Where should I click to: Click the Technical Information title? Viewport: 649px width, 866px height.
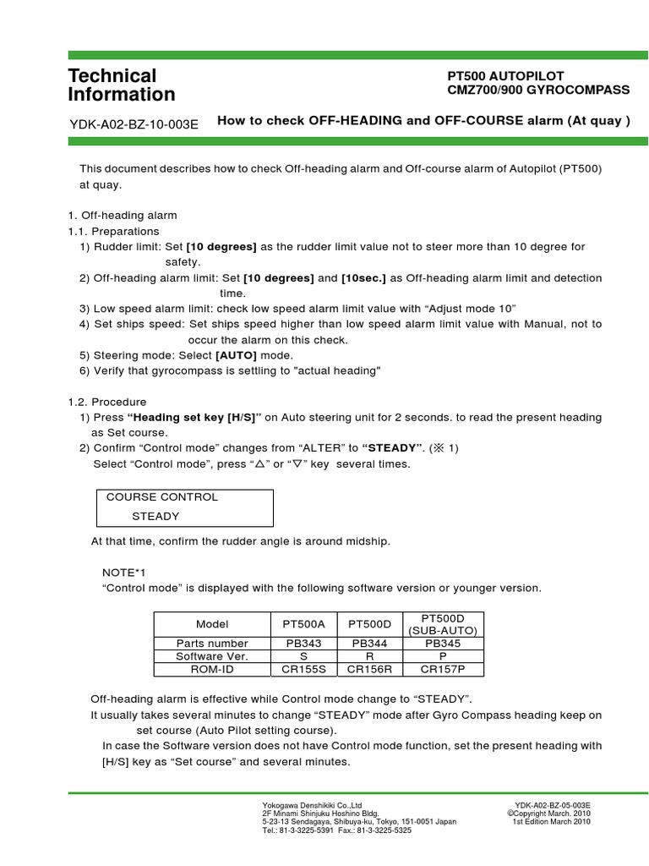pos(122,85)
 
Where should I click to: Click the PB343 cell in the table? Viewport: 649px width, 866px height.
pos(303,643)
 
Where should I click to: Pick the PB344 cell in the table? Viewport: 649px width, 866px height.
pos(369,643)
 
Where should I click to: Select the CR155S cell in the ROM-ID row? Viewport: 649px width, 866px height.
pos(303,669)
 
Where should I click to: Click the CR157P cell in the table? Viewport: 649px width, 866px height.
pos(444,669)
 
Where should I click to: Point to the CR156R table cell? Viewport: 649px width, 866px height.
pos(369,669)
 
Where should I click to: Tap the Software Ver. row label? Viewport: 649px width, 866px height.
pos(212,656)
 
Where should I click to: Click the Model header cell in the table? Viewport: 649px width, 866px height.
pos(212,624)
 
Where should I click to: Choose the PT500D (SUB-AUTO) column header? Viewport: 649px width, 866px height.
pos(444,624)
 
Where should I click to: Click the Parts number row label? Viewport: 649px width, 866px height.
pos(212,643)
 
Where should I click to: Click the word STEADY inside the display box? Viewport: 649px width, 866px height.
pos(155,516)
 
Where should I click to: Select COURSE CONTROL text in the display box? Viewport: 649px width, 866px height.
pos(161,497)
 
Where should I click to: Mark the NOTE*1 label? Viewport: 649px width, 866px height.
pos(118,573)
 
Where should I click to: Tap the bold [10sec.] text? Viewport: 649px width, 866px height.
pos(365,278)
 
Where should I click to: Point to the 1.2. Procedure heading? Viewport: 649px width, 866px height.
pos(106,402)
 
